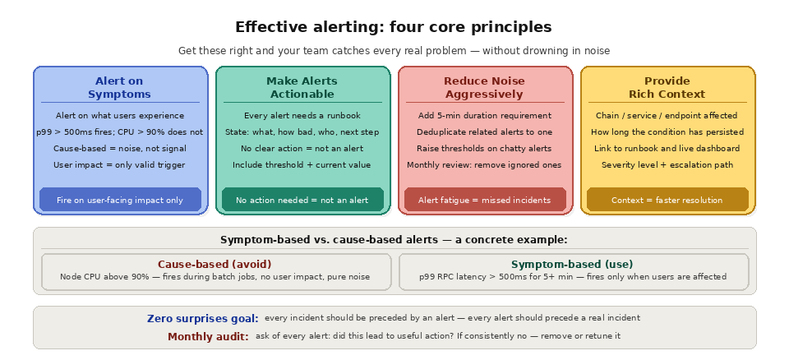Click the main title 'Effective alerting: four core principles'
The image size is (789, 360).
(394, 27)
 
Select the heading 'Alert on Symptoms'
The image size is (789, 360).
(119, 88)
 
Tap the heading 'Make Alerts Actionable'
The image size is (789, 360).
(302, 88)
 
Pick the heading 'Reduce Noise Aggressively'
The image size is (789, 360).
(484, 88)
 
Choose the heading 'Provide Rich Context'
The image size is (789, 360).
(667, 88)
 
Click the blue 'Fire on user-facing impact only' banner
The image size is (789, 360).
(120, 200)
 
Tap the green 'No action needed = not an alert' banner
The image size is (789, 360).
(302, 200)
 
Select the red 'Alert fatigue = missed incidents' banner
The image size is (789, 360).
(485, 200)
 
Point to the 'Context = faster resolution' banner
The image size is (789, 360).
(667, 200)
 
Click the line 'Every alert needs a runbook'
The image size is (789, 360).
(302, 116)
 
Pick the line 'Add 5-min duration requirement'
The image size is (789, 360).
(484, 116)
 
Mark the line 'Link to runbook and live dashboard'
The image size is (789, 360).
(667, 149)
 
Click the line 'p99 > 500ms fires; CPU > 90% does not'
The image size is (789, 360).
(119, 132)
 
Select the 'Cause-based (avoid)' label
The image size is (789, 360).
(215, 265)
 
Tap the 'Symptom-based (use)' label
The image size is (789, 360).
(572, 265)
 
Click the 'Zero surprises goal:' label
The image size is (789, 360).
(203, 318)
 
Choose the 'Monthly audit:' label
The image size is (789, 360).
(208, 336)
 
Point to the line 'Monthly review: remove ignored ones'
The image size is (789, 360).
(484, 165)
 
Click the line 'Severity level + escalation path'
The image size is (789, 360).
(667, 165)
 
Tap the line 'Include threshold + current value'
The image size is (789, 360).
(302, 165)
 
